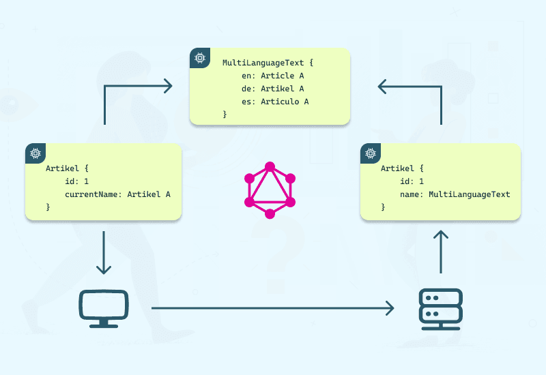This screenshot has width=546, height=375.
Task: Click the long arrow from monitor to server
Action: [x=273, y=308]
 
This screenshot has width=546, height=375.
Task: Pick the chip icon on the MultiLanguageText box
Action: [x=200, y=59]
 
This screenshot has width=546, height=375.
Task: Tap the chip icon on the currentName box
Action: [x=35, y=153]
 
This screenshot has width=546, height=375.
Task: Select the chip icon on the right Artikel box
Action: [x=371, y=153]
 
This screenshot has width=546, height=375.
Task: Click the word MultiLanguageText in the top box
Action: [x=263, y=63]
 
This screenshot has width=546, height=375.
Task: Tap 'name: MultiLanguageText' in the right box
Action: [x=455, y=194]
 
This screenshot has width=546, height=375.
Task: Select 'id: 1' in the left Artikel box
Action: [x=77, y=181]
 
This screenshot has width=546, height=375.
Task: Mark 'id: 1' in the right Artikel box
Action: [x=412, y=181]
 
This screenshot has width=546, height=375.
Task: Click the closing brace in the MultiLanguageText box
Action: [x=225, y=115]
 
